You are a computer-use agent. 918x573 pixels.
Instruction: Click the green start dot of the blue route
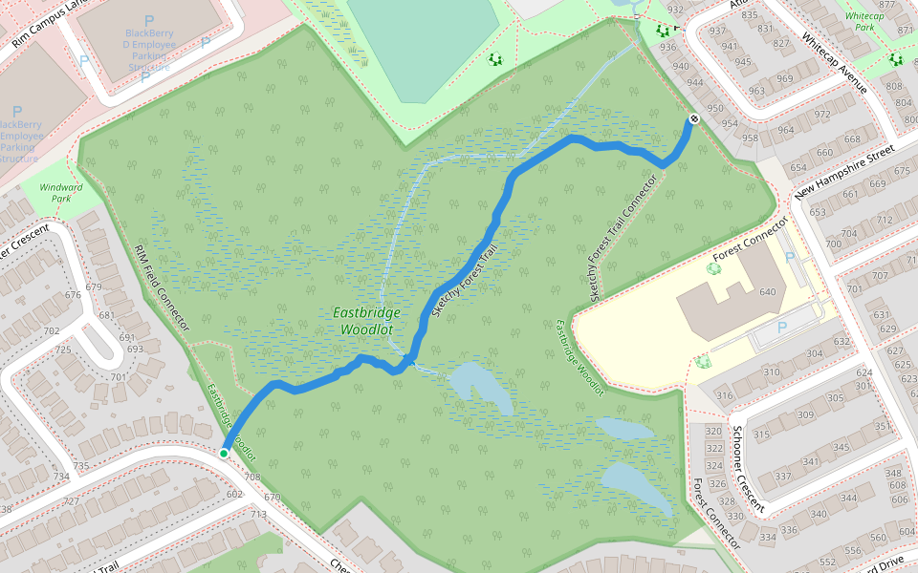coord(224,454)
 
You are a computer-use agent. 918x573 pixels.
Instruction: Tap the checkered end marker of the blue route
coord(693,118)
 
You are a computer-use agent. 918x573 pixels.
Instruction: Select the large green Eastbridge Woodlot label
coord(368,321)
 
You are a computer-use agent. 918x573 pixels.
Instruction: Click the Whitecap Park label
coord(864,22)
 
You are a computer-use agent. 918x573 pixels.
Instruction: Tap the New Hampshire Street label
coord(842,170)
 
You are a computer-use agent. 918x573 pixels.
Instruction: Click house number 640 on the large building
coord(768,292)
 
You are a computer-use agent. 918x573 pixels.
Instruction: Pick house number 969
coord(785,78)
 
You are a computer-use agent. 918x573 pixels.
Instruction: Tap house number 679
coord(93,286)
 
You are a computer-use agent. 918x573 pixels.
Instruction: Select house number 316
coord(724,395)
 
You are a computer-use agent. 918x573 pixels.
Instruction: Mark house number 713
coord(258,515)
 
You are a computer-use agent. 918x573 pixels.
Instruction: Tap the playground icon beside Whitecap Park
coord(895,59)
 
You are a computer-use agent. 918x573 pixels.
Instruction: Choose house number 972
coord(822,115)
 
